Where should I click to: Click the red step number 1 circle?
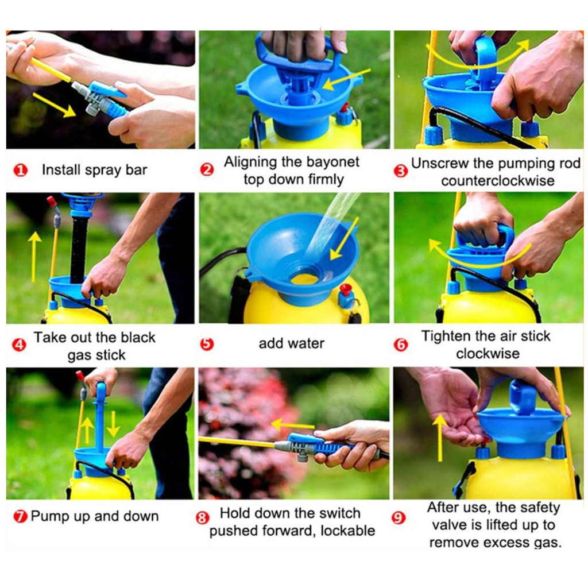click(20, 171)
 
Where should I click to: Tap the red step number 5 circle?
click(207, 344)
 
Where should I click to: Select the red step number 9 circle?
click(399, 518)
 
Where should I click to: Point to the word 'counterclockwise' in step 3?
click(498, 181)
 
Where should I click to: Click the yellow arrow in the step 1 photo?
click(55, 105)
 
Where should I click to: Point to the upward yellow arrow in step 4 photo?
click(34, 257)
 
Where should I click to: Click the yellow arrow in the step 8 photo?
click(292, 425)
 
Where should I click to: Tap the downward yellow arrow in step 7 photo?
click(113, 424)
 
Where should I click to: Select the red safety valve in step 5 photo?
click(345, 289)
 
